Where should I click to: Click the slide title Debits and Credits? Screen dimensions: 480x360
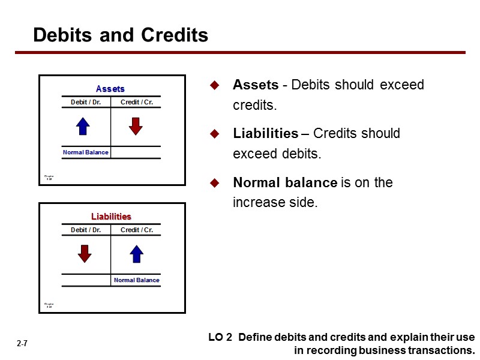click(121, 35)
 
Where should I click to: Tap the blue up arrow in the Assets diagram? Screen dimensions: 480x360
click(83, 126)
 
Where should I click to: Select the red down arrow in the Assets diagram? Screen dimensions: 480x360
click(136, 126)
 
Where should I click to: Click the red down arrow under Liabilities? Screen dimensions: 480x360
click(85, 254)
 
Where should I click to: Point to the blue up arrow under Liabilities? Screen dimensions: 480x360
click(137, 254)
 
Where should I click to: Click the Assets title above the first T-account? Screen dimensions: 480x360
click(110, 89)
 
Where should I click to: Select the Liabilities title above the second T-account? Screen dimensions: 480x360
click(111, 216)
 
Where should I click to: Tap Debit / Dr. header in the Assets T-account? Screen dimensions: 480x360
click(86, 102)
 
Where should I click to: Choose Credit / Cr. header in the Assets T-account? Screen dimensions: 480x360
click(137, 102)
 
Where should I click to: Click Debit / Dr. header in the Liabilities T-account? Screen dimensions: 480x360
click(86, 230)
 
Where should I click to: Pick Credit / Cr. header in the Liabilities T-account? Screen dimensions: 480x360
click(137, 230)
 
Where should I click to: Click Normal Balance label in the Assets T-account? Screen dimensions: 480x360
click(86, 152)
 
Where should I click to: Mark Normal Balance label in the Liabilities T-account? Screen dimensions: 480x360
click(137, 280)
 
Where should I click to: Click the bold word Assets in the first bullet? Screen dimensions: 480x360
click(256, 85)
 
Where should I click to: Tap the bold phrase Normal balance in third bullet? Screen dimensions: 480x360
click(285, 182)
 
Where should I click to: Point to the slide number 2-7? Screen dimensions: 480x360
click(22, 344)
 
